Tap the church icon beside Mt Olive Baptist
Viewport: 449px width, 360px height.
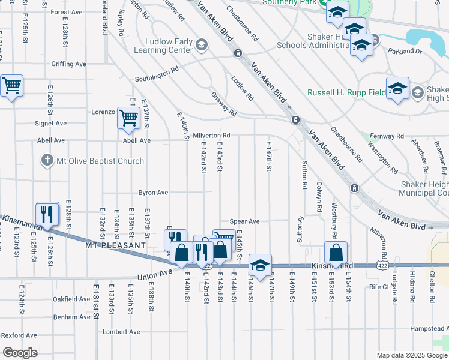click(47, 160)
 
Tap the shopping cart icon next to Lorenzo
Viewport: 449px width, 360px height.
click(128, 118)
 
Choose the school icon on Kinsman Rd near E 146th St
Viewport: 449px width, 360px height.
click(259, 265)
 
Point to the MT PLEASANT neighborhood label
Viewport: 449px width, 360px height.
click(115, 245)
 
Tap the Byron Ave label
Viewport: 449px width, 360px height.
click(154, 193)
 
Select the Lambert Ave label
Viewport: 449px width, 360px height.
click(121, 331)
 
